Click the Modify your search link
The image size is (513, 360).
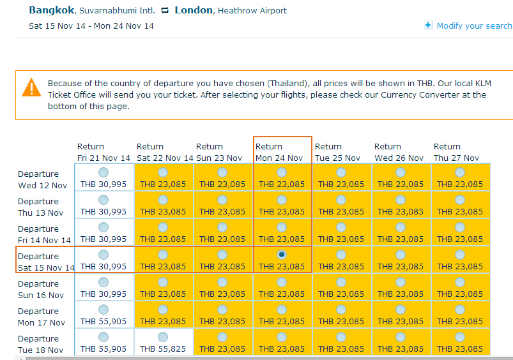pos(473,26)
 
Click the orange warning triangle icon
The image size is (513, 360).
pos(31,87)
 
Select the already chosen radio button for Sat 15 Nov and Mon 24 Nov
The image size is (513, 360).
pos(282,255)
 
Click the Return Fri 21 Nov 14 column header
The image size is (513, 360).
pos(103,152)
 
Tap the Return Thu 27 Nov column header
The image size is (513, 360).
pos(456,152)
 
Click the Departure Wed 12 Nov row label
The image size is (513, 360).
pos(42,179)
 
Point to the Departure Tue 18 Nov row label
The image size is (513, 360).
pos(41,344)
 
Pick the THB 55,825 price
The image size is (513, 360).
pos(163,349)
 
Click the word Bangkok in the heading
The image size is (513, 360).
pos(50,10)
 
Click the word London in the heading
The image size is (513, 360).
pos(193,10)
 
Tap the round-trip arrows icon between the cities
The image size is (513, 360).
pos(165,11)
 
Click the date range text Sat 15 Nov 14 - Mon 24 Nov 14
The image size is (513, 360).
pos(91,26)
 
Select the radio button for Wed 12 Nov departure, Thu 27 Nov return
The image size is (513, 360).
pos(460,172)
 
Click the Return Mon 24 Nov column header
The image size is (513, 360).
pos(279,152)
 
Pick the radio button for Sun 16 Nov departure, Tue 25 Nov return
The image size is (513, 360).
pos(341,282)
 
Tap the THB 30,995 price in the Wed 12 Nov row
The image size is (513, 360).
pos(103,184)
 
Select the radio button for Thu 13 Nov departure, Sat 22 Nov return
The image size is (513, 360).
pos(163,200)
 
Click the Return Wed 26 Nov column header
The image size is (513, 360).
pos(399,152)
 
